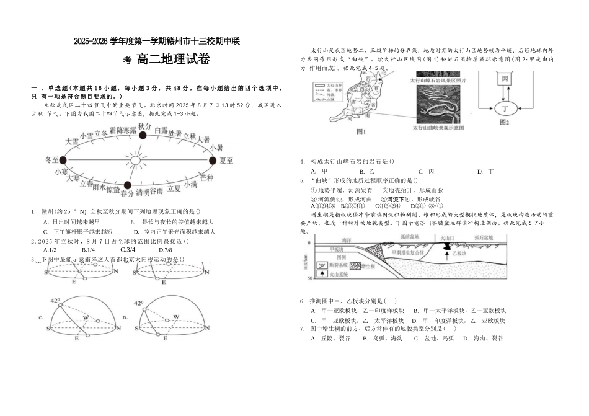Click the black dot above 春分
click(x=127, y=185)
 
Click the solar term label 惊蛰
click(x=113, y=189)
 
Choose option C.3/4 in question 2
click(x=128, y=250)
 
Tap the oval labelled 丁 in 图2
click(x=505, y=108)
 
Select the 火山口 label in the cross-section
click(x=448, y=237)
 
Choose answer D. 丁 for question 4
click(x=484, y=171)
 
